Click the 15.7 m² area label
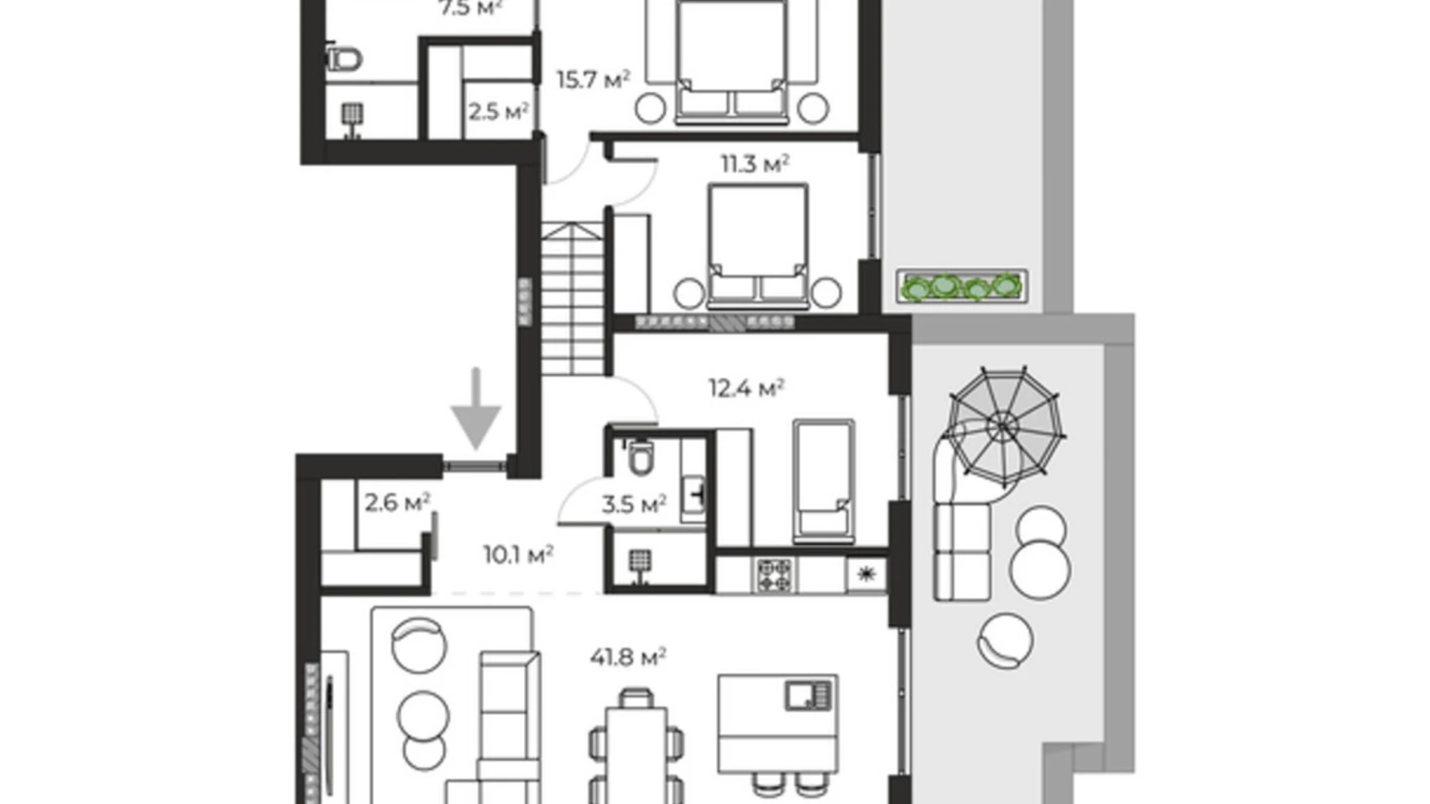pyautogui.click(x=593, y=80)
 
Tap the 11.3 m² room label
pyautogui.click(x=754, y=164)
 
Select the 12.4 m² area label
pyautogui.click(x=746, y=387)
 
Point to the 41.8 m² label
pyautogui.click(x=628, y=657)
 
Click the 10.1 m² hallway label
pyautogui.click(x=518, y=554)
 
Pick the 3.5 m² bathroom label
pyautogui.click(x=634, y=505)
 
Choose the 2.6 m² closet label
pyautogui.click(x=397, y=503)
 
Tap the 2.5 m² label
pyautogui.click(x=498, y=112)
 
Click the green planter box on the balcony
pyautogui.click(x=962, y=287)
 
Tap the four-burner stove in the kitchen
pyautogui.click(x=773, y=575)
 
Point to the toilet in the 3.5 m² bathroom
pyautogui.click(x=640, y=458)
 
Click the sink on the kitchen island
pyautogui.click(x=808, y=695)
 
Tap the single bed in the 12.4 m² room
pyautogui.click(x=823, y=480)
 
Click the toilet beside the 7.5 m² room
pyautogui.click(x=343, y=59)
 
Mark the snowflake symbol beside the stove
pyautogui.click(x=866, y=574)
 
